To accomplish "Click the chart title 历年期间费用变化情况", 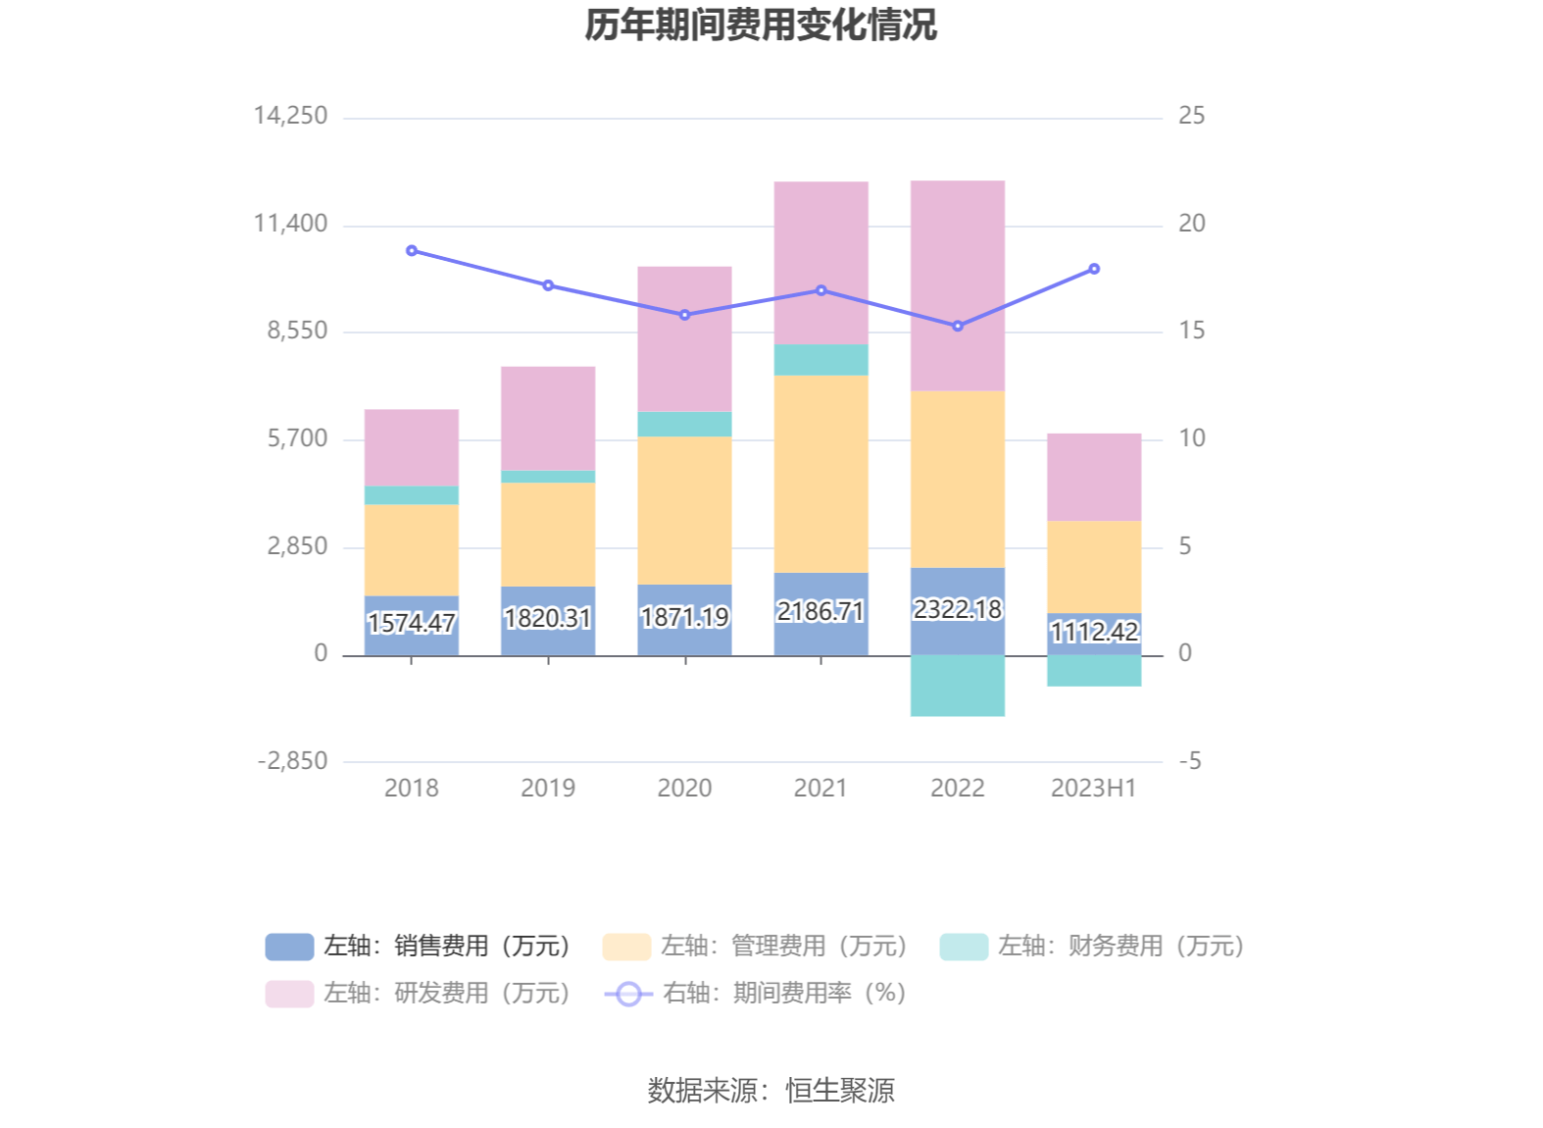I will tap(761, 26).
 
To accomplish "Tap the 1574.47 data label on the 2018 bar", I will tap(412, 623).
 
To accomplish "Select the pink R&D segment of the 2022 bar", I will tap(958, 285).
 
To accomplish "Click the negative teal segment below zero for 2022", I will tap(958, 686).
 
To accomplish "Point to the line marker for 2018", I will tap(412, 251).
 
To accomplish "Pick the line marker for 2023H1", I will tap(1094, 269).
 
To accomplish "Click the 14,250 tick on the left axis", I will tap(291, 116).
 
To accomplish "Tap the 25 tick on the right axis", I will tap(1191, 116).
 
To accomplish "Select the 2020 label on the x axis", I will tap(684, 788).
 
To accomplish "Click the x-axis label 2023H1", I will tap(1093, 788).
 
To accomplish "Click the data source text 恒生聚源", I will tap(840, 1090).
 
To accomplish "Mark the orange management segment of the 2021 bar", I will tap(821, 474).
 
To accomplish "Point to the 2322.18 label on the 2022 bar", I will tap(958, 609).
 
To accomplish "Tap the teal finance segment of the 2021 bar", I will tap(821, 360).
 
